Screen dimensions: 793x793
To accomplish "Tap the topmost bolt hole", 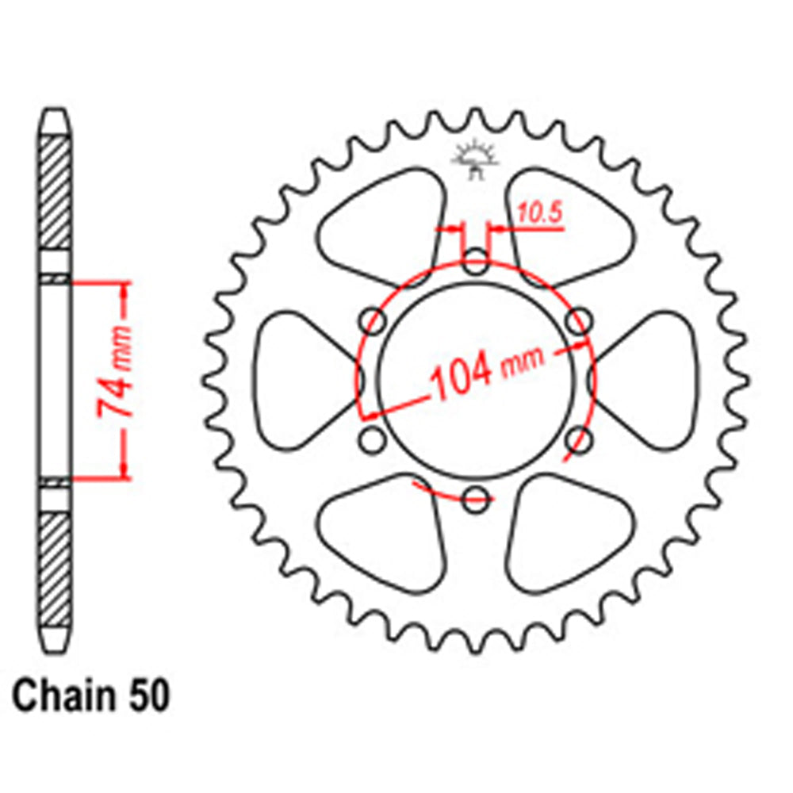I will [x=476, y=262].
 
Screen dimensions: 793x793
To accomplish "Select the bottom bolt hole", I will [x=476, y=499].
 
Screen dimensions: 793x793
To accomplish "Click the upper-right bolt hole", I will [x=580, y=321].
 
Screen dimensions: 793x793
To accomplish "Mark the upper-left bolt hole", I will [x=372, y=321].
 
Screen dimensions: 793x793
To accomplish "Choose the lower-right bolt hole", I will [x=580, y=439].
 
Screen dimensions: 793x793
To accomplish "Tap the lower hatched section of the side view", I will [x=55, y=568].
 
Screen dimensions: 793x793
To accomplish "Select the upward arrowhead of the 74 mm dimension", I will [x=124, y=289].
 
